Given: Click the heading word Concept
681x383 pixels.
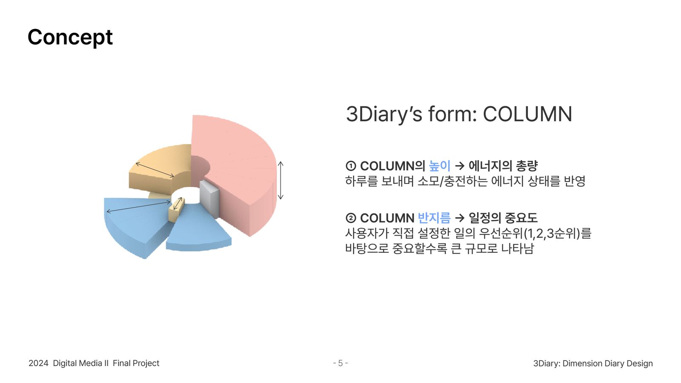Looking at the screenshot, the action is [70, 37].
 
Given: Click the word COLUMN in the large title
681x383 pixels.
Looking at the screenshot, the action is [527, 114].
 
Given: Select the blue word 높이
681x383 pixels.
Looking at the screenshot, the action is [439, 166].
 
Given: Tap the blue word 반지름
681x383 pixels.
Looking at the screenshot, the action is [434, 218].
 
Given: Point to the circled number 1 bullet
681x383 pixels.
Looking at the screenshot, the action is [351, 166].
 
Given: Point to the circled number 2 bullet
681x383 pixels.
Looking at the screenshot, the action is [351, 218].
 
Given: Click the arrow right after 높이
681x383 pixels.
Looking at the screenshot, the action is [460, 166].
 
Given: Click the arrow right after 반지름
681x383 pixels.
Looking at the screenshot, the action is [460, 218].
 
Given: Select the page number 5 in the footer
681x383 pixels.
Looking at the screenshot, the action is [340, 363].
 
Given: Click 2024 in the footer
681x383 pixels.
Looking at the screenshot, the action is [38, 363].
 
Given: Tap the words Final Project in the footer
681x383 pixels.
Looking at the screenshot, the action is [136, 363].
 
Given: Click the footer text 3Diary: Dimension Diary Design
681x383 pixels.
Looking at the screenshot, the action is [593, 363].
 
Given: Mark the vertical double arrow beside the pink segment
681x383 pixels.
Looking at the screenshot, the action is [280, 180].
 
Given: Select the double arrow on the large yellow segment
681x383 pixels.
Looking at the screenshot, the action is [155, 170].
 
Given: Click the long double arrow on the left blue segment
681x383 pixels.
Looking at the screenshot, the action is [139, 207].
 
